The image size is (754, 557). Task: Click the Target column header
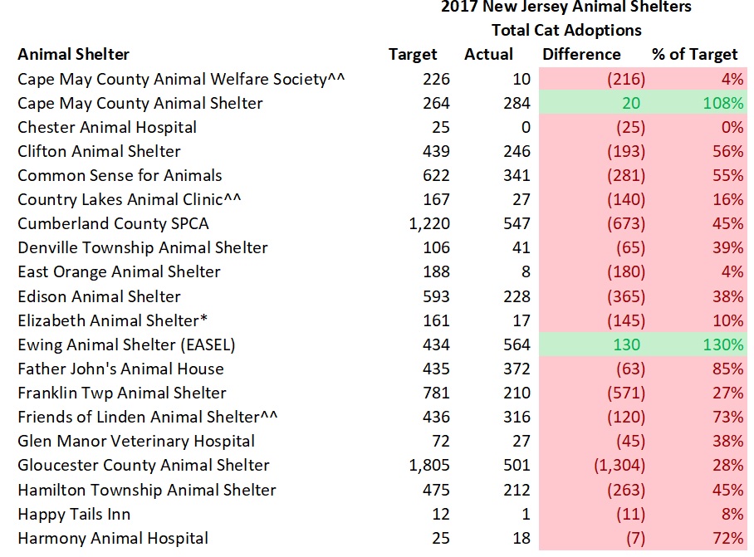[412, 55]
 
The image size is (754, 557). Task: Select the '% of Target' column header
[694, 55]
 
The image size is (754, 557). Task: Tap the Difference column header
[581, 55]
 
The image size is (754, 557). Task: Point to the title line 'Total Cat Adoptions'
[566, 30]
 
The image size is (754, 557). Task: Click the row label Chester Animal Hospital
[107, 128]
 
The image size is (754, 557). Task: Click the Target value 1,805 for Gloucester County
[429, 466]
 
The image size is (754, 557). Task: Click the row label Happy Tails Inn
[74, 514]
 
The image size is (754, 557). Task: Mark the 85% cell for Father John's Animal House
[727, 369]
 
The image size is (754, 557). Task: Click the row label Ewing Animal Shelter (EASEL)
[120, 344]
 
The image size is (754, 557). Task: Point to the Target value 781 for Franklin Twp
[435, 393]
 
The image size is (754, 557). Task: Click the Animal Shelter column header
[74, 55]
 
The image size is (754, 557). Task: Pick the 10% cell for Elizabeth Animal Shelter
[727, 320]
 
